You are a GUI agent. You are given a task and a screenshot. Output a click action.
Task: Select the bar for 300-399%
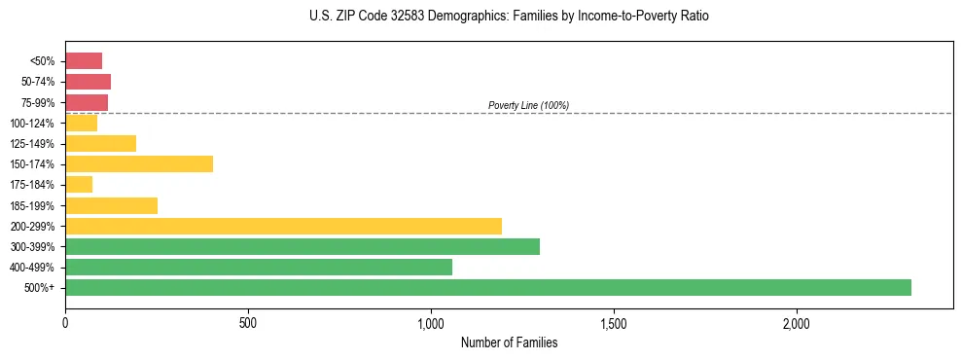coord(303,246)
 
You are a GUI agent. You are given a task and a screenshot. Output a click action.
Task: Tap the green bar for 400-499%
coord(259,267)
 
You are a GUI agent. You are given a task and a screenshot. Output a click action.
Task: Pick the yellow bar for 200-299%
coord(283,226)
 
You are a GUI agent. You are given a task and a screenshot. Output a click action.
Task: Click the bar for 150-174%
coord(139,163)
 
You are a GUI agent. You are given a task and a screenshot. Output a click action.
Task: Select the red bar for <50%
coord(84,60)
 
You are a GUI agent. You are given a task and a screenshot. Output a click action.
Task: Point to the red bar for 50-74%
coord(88,81)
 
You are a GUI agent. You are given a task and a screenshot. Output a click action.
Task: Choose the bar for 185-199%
coord(111,205)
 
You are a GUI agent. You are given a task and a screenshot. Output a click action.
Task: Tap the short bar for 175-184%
coord(79,184)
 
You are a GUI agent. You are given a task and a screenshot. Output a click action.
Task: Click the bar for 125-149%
coord(100,143)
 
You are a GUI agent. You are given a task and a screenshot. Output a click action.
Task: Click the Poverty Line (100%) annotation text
coord(528,105)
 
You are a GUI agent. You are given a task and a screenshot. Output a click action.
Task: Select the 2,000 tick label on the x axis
coord(797,323)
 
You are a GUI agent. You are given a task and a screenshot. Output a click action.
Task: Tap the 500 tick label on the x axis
coord(248,323)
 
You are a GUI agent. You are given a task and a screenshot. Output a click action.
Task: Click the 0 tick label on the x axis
coord(65,323)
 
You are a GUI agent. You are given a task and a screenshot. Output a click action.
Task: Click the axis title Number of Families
coord(509,342)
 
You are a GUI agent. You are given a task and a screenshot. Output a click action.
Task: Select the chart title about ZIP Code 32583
coord(509,17)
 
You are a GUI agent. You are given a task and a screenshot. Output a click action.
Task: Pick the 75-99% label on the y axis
coord(39,102)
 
